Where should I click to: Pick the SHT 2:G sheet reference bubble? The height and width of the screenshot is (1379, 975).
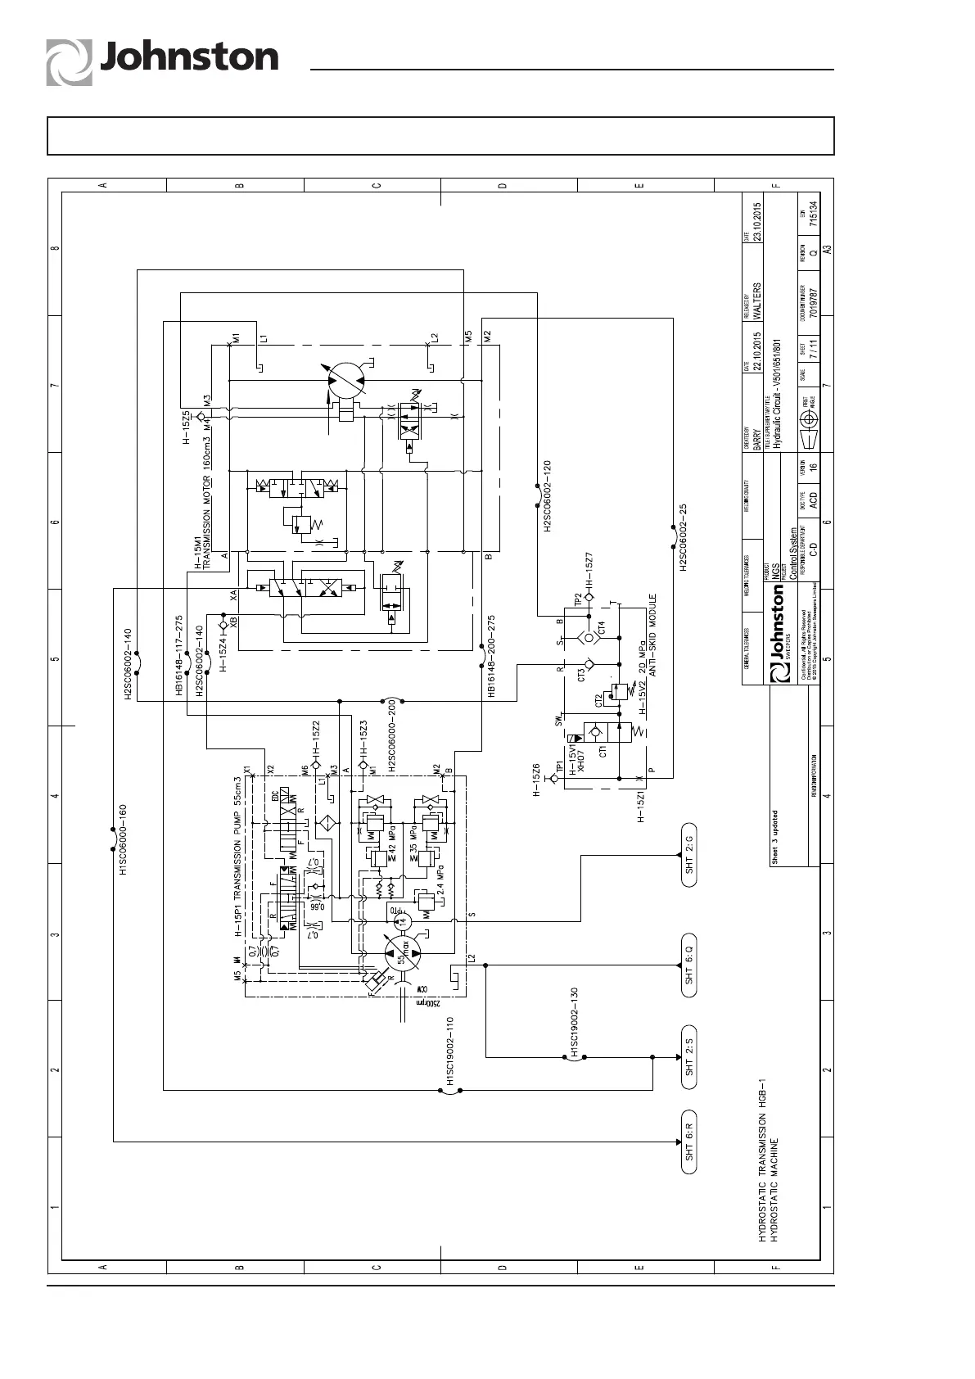pyautogui.click(x=689, y=855)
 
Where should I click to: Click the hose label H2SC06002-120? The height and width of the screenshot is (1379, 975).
pyautogui.click(x=547, y=496)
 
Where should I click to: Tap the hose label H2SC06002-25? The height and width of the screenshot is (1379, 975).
pyautogui.click(x=683, y=538)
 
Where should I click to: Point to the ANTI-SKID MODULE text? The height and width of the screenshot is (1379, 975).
pyautogui.click(x=653, y=634)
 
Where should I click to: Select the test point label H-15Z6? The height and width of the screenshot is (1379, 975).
pyautogui.click(x=537, y=780)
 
